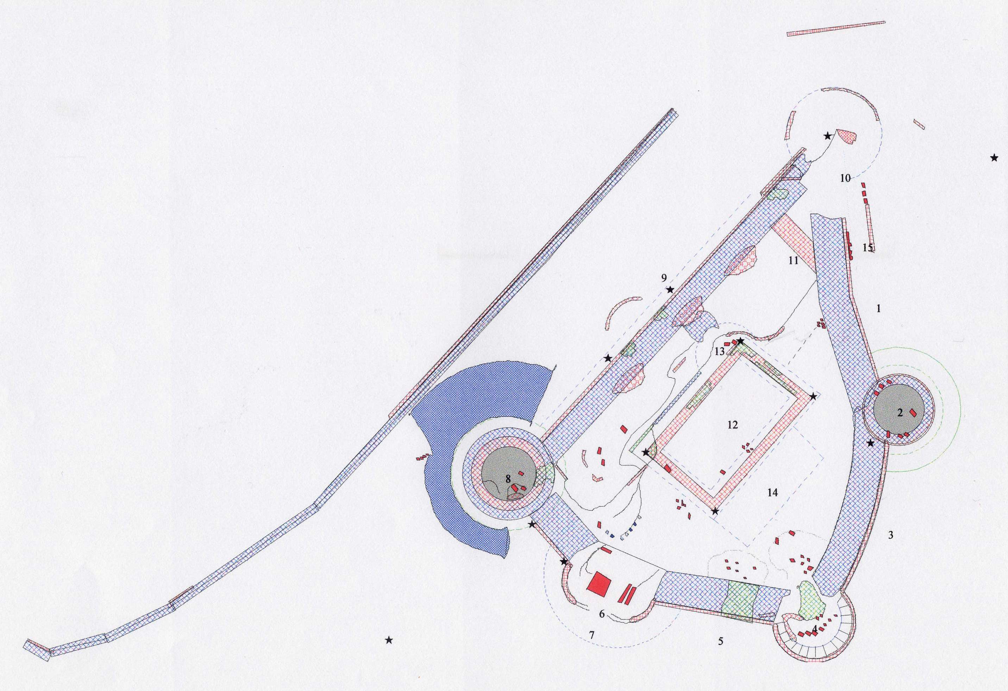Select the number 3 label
[x=890, y=535]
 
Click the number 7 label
[x=591, y=635]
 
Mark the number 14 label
[x=772, y=492]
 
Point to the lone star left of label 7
[x=389, y=640]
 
